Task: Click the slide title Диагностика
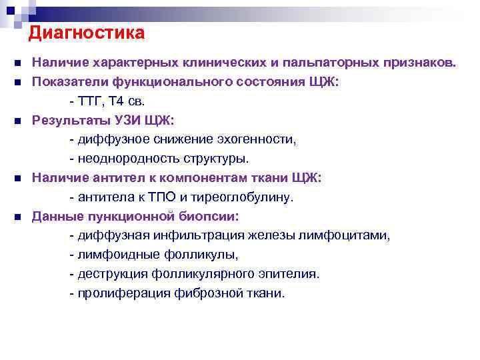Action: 87,32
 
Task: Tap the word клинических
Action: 231,63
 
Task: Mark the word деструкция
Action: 110,274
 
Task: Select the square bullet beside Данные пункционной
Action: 18,217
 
